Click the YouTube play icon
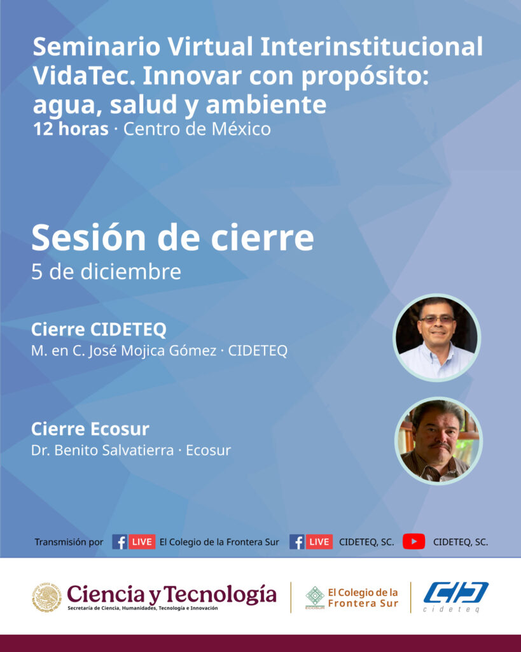pyautogui.click(x=413, y=541)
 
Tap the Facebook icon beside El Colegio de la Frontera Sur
pyautogui.click(x=120, y=542)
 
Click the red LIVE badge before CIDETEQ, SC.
pyautogui.click(x=319, y=542)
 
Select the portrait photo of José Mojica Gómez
pyautogui.click(x=436, y=337)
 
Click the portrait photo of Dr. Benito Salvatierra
pyautogui.click(x=438, y=441)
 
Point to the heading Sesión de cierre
pyautogui.click(x=172, y=237)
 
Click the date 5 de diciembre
pyautogui.click(x=106, y=272)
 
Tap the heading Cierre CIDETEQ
pyautogui.click(x=99, y=329)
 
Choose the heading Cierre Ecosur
pyautogui.click(x=90, y=429)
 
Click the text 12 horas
pyautogui.click(x=71, y=129)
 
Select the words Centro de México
pyautogui.click(x=197, y=129)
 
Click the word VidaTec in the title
pyautogui.click(x=84, y=76)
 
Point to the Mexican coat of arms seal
pyautogui.click(x=46, y=597)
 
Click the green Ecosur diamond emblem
pyautogui.click(x=315, y=596)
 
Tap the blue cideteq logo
pyautogui.click(x=455, y=597)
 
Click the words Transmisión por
pyautogui.click(x=69, y=542)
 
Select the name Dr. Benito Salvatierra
pyautogui.click(x=102, y=450)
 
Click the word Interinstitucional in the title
pyautogui.click(x=372, y=46)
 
